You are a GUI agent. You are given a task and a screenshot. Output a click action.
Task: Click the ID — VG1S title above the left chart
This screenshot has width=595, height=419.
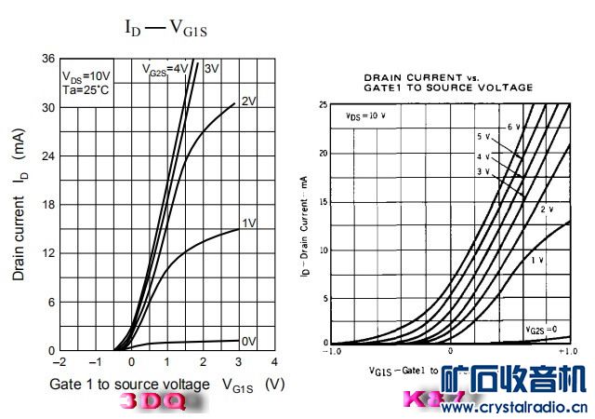(x=166, y=27)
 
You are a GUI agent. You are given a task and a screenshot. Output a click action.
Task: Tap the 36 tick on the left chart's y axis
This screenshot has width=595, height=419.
(x=47, y=59)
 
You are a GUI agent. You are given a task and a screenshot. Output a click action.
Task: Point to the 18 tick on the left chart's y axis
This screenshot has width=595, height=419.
(x=47, y=205)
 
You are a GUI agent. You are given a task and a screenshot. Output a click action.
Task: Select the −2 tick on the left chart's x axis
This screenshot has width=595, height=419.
(x=60, y=361)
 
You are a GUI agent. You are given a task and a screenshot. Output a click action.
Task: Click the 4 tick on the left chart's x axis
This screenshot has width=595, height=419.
(x=274, y=361)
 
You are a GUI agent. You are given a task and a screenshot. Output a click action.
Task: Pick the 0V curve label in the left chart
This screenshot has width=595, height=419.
(x=248, y=342)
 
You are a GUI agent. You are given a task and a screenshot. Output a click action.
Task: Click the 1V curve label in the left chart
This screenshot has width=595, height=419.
(x=248, y=223)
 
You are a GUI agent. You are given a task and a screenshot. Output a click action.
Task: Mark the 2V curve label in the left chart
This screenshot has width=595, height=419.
(x=248, y=101)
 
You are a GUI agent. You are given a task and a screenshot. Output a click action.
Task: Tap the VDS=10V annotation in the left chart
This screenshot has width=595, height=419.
(x=86, y=76)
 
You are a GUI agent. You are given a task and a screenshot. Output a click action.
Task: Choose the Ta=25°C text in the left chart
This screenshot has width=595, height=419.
(x=86, y=91)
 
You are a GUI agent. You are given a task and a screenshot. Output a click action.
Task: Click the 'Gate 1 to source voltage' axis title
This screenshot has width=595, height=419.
(x=130, y=384)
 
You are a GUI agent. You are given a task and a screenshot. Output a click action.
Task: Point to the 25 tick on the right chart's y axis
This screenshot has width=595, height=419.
(x=323, y=105)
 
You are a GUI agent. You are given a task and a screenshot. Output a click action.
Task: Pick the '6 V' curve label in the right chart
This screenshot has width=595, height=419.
(x=512, y=126)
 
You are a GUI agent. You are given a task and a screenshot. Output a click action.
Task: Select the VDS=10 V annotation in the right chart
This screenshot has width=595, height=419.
(x=365, y=116)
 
